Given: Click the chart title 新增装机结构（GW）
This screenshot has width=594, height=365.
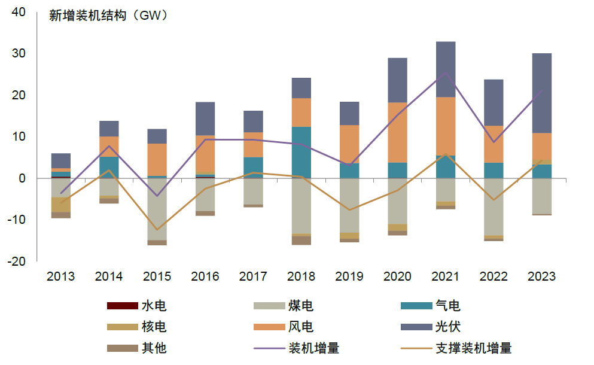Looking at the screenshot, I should (108, 16).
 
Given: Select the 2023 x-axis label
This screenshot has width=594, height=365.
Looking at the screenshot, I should (541, 276).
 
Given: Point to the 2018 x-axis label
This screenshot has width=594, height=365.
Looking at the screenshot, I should (301, 276).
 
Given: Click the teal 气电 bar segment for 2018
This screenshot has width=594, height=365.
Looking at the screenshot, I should (301, 152).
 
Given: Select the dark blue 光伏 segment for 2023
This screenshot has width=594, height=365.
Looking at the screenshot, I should (541, 93).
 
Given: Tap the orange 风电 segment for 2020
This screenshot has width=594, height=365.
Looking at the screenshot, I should (397, 132).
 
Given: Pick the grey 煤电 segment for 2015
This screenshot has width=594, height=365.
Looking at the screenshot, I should (157, 209).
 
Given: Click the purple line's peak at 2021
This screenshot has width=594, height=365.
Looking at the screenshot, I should (446, 73).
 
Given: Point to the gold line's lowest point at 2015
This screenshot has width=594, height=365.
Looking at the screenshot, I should (157, 230).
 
